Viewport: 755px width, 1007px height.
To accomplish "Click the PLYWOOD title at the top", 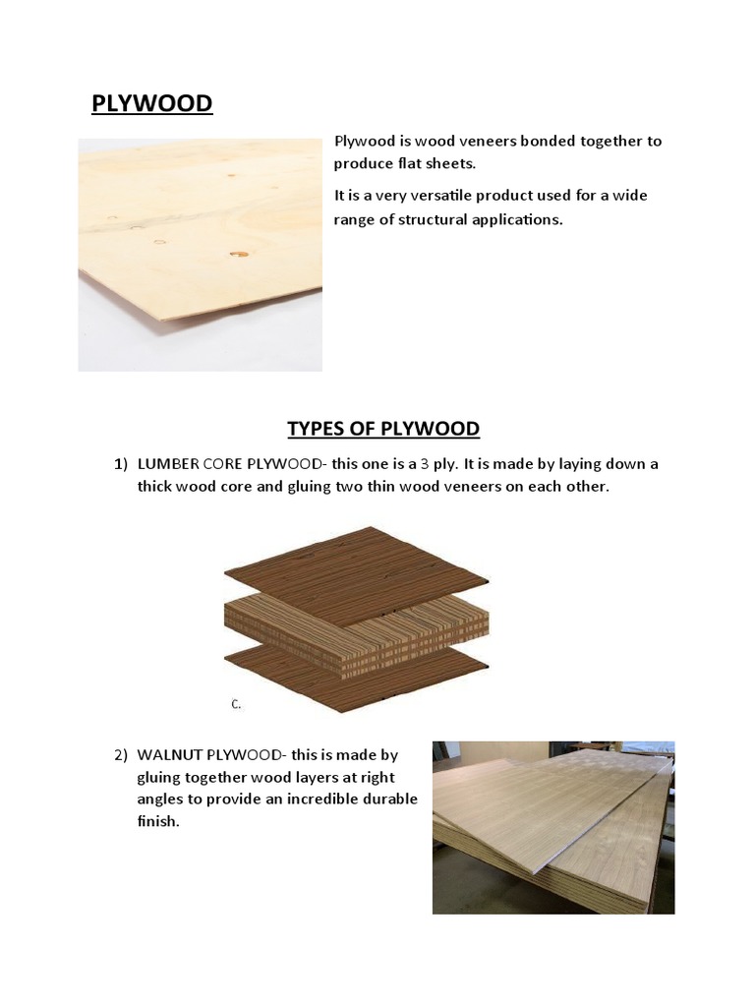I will point(151,103).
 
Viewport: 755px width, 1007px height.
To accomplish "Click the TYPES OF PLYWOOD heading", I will point(383,429).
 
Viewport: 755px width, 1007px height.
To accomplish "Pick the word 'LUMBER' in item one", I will point(168,464).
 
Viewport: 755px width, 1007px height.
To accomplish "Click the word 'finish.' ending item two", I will point(158,821).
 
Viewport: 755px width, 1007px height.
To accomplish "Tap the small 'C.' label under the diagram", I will point(236,704).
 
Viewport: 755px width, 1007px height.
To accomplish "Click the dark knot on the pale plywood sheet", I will point(237,255).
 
